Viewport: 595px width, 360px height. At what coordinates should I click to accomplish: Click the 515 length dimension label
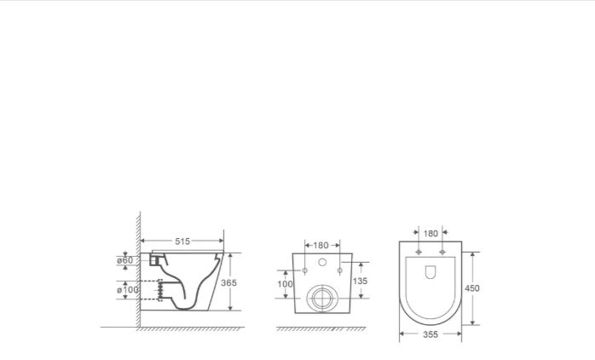[x=182, y=241]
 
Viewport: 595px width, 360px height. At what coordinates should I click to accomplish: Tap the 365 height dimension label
[x=228, y=282]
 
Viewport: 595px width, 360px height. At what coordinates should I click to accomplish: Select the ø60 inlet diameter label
[x=124, y=260]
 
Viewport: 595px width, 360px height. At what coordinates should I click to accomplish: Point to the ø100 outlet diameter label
[x=128, y=289]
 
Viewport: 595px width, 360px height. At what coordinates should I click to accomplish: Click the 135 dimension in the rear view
[x=360, y=281]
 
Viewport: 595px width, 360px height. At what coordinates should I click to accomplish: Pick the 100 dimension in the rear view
[x=285, y=284]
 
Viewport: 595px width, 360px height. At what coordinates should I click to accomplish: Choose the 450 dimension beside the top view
[x=472, y=288]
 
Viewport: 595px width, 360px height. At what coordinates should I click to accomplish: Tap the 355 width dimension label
[x=430, y=334]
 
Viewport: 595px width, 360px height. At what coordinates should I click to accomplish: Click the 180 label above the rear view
[x=321, y=246]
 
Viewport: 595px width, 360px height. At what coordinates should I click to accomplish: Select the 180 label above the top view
[x=430, y=234]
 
